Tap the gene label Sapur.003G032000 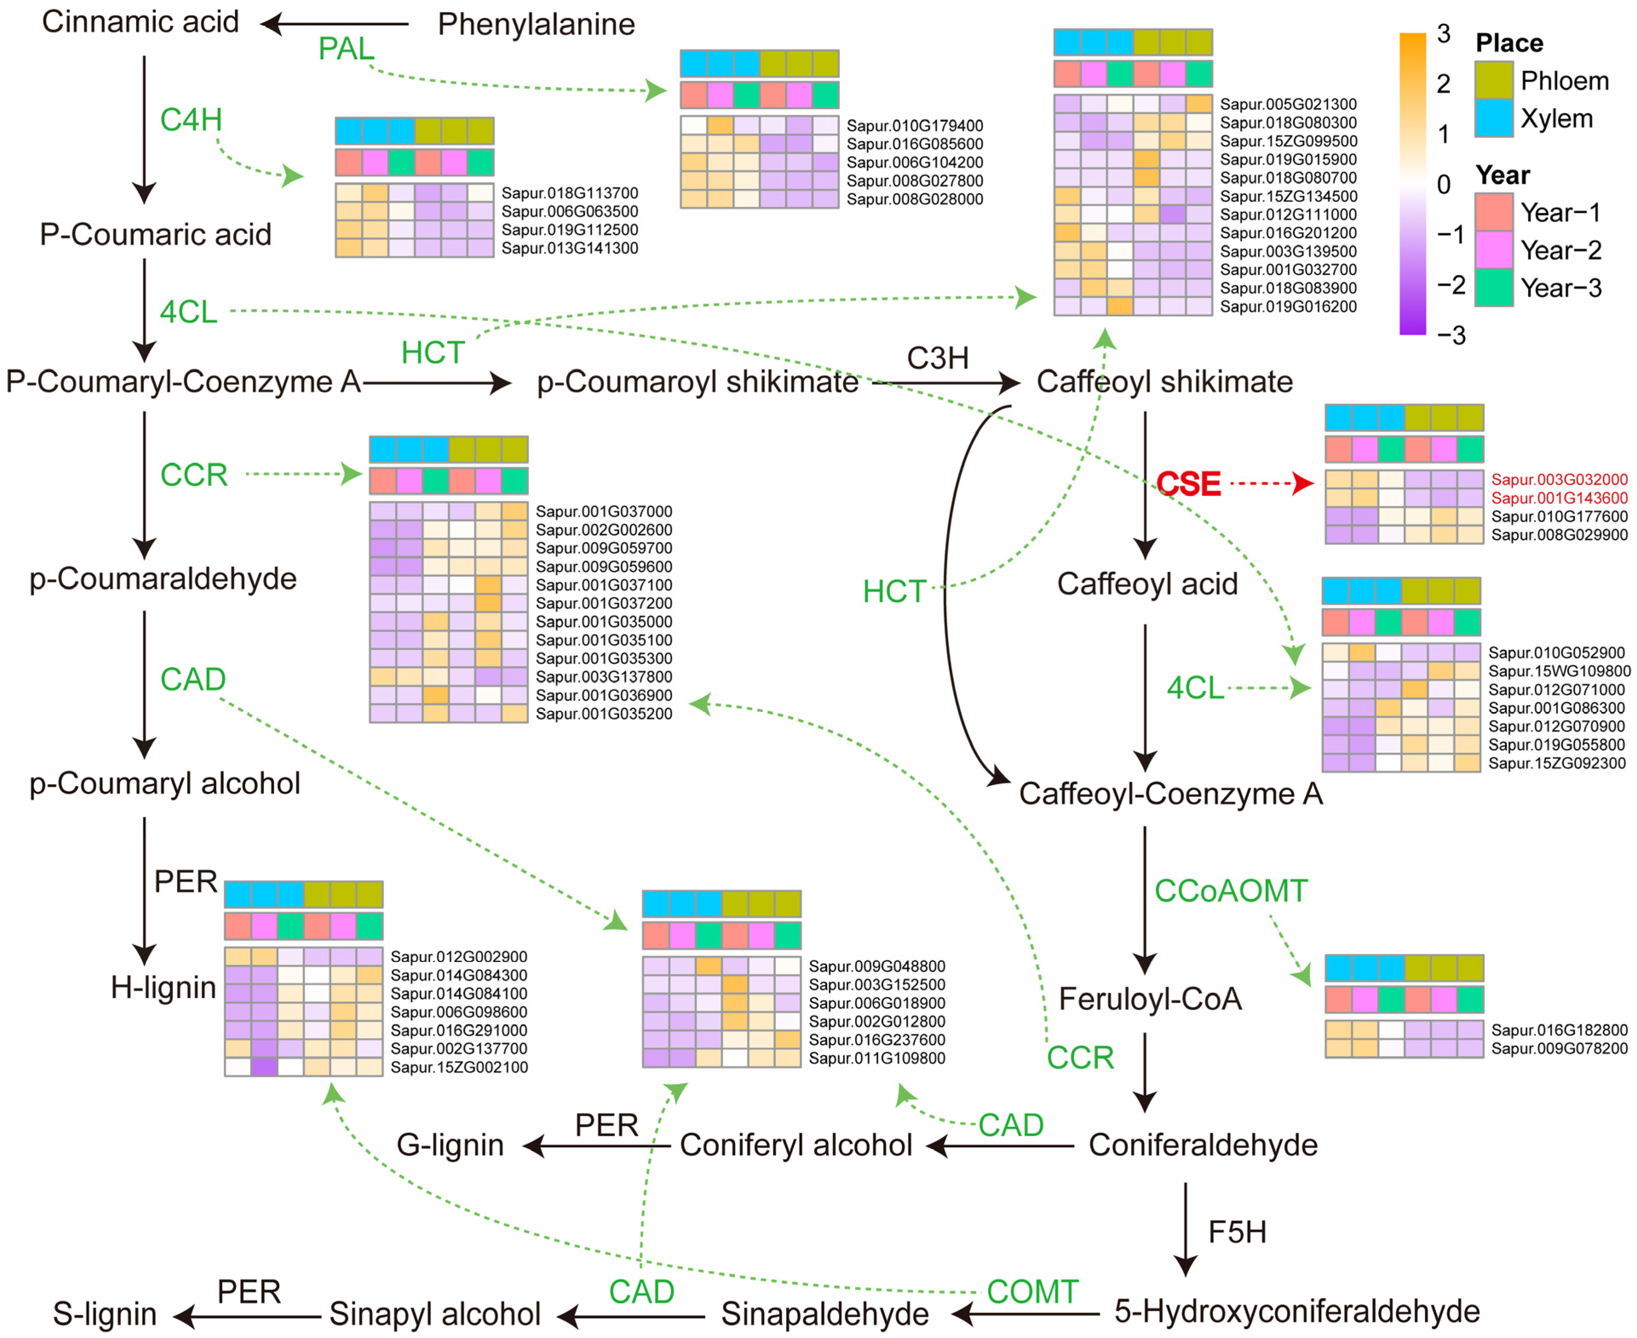coord(1558,479)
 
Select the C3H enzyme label coord(937,358)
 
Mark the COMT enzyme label coord(1032,1292)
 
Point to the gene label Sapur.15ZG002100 coord(458,1068)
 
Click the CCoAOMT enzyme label coord(1231,891)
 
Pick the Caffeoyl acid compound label coord(1147,584)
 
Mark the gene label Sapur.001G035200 coord(604,714)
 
